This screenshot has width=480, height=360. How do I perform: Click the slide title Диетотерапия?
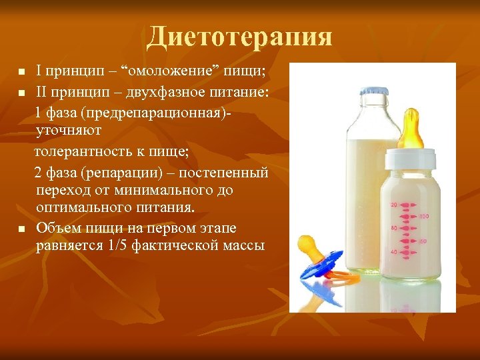coord(239,37)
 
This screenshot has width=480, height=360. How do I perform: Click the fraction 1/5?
coord(117,245)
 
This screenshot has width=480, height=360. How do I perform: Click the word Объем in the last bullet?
coord(57,228)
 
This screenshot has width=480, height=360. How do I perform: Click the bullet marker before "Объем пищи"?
coord(21,229)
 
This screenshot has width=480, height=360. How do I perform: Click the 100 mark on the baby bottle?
coord(425,217)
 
